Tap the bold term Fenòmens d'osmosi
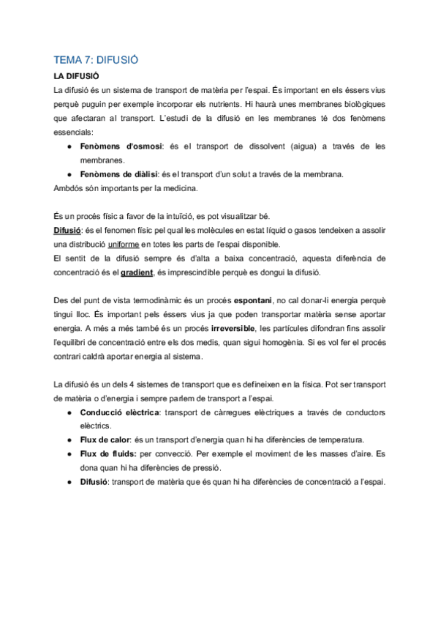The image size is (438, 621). (120, 146)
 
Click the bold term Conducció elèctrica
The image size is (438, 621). (120, 412)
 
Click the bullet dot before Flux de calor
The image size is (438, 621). (68, 440)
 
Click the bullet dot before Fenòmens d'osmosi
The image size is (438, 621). (68, 146)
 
